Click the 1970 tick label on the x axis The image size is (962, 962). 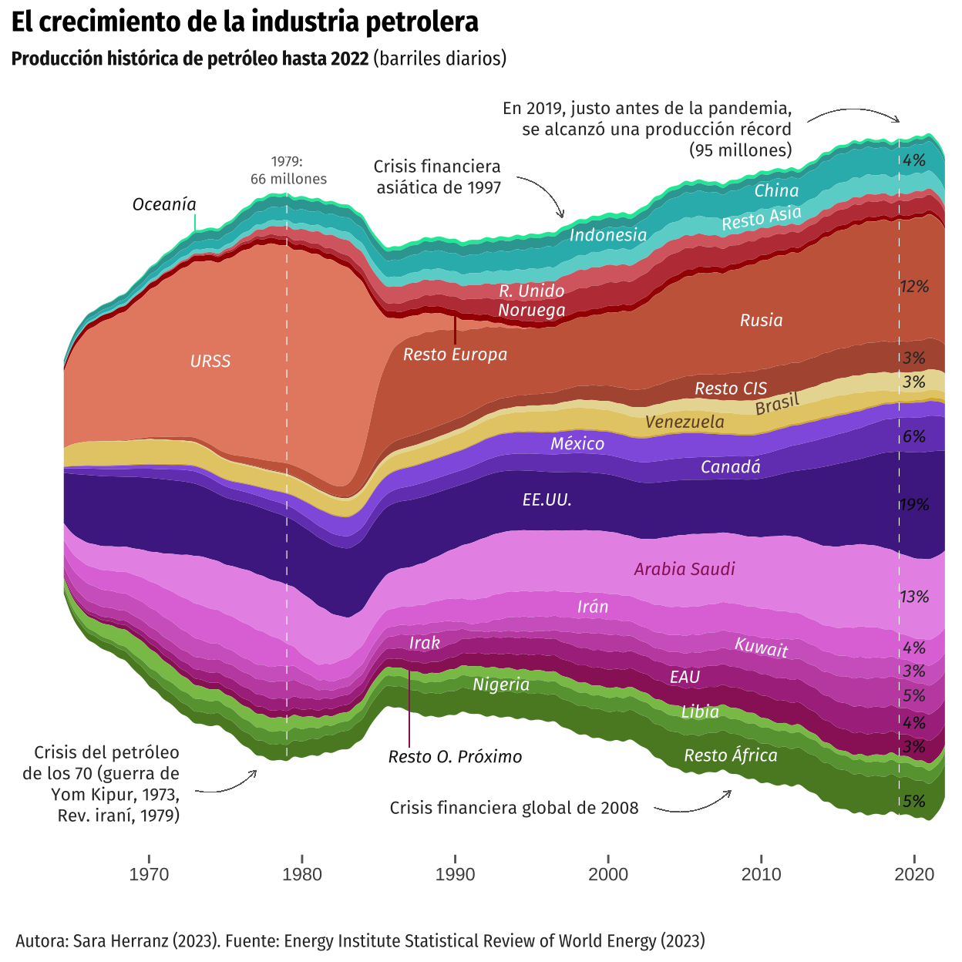pos(149,874)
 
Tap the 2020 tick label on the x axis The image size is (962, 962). pos(914,874)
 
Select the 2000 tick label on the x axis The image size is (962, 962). pos(608,874)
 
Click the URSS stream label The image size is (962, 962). pos(210,362)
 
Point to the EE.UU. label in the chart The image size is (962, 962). pos(547,500)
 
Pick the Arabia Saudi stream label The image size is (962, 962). pos(684,570)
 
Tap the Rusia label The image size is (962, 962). pos(762,321)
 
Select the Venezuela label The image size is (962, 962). pos(684,422)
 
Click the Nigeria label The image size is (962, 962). pos(501,684)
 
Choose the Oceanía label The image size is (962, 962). pos(164,204)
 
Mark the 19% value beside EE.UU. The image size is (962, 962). pos(914,505)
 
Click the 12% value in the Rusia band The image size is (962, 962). pos(914,287)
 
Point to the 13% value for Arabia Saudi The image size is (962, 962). pos(914,597)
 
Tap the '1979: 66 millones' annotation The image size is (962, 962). pos(288,170)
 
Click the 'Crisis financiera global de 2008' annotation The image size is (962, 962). pos(514,808)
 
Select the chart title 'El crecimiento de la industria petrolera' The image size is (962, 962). pos(245,22)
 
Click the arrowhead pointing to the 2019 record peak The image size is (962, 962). pos(897,120)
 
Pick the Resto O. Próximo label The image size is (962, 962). pos(455,757)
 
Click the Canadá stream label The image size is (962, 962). pos(731,467)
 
